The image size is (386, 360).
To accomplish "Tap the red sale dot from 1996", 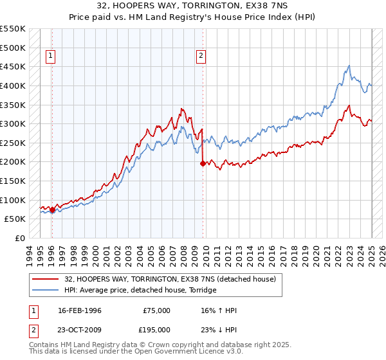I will point(52,209).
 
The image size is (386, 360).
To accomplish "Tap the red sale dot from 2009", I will point(203,164).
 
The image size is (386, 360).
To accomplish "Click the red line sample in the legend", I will point(44,279).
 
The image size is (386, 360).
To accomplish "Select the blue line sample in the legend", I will point(44,290).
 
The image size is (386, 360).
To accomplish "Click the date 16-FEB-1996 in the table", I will point(80,310).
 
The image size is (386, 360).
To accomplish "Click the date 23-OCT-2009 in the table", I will point(80,329).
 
